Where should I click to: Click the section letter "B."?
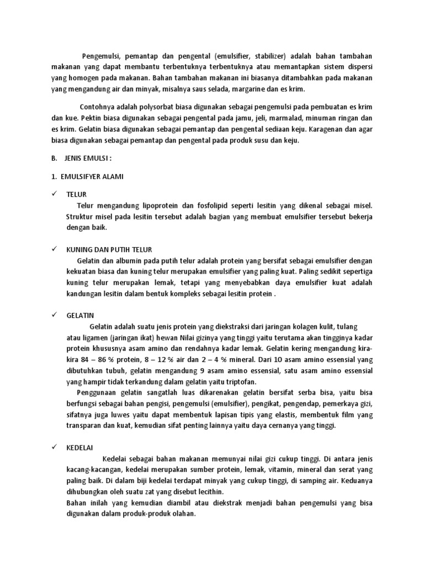[x=54, y=158]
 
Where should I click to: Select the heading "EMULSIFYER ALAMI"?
[x=95, y=176]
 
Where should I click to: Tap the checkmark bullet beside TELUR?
[x=55, y=195]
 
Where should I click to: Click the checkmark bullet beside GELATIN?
[x=55, y=315]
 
